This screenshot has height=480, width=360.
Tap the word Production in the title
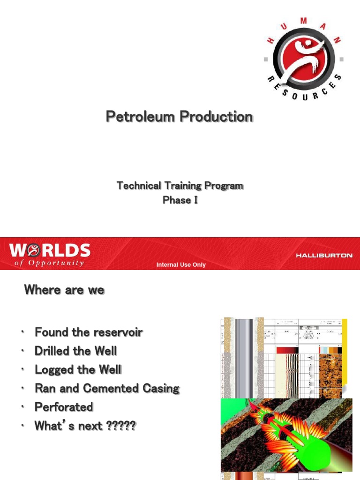click(x=216, y=116)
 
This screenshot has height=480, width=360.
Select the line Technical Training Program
click(x=180, y=186)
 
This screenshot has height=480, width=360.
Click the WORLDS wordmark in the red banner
click(x=50, y=250)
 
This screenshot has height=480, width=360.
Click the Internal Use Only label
click(x=181, y=265)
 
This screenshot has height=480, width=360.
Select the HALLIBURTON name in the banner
click(x=324, y=255)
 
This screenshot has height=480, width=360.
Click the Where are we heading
click(x=64, y=290)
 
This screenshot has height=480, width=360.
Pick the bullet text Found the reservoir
click(x=89, y=332)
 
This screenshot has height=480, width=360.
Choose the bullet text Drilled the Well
click(x=76, y=351)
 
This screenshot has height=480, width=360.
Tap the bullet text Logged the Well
click(x=78, y=370)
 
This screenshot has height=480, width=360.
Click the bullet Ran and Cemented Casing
click(x=107, y=389)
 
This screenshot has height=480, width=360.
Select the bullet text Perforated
click(x=64, y=407)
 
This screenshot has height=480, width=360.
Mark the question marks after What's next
click(x=121, y=426)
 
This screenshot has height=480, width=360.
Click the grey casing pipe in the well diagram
click(x=244, y=356)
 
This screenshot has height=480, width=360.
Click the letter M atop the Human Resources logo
click(x=303, y=21)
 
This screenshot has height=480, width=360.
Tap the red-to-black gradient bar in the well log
click(x=287, y=350)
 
